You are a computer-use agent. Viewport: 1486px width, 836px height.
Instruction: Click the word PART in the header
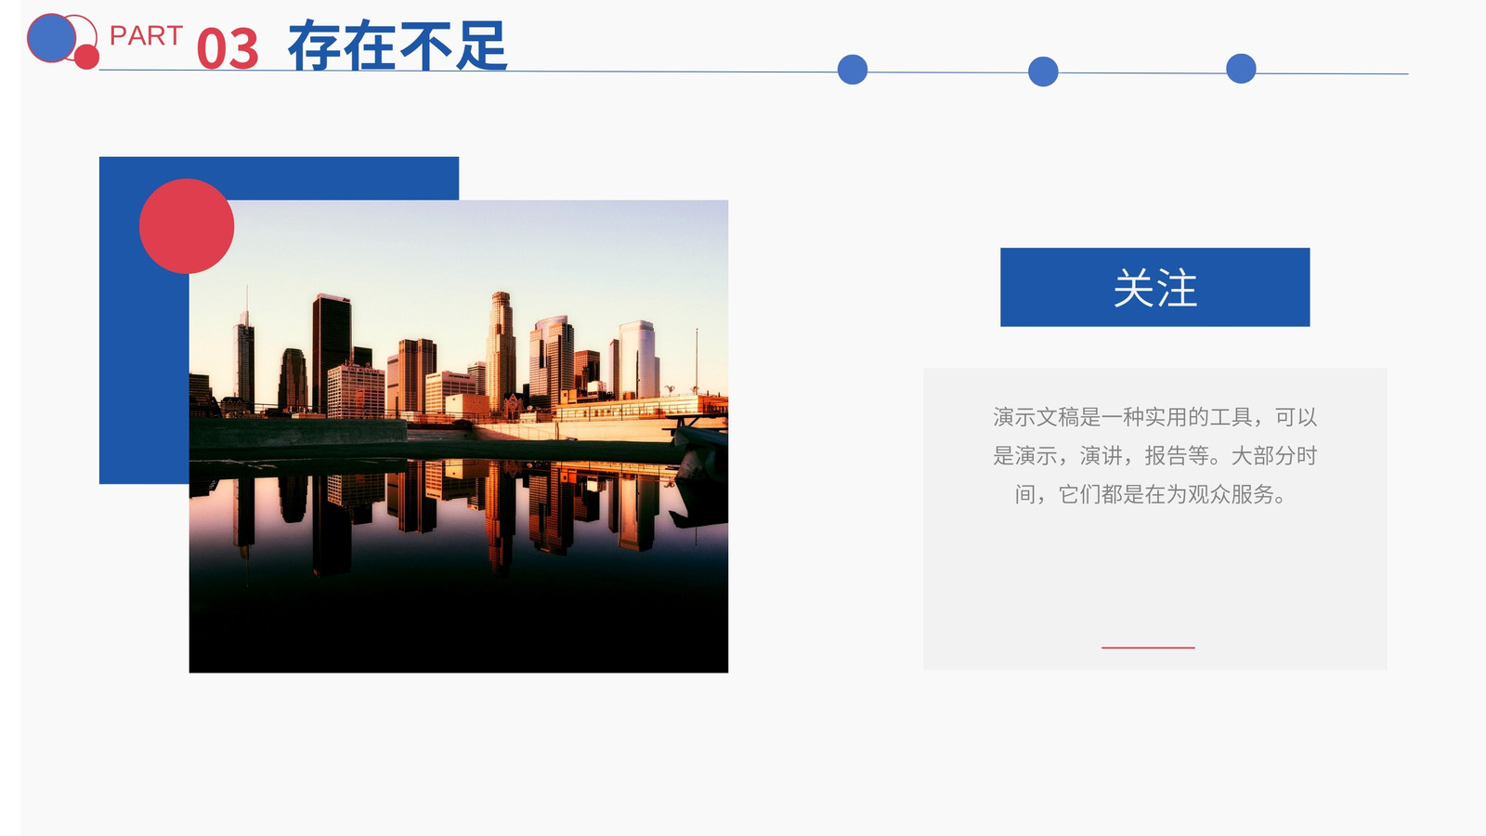click(146, 36)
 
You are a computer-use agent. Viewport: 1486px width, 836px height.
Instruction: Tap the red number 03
click(228, 48)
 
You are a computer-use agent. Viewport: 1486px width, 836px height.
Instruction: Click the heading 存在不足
click(398, 46)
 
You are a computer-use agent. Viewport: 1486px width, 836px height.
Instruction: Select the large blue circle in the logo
click(51, 38)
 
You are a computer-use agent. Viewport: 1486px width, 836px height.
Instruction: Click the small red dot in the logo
click(86, 57)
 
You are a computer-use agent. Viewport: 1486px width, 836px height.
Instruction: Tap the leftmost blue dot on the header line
click(853, 70)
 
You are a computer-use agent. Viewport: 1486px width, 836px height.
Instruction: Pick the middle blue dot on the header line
click(1043, 72)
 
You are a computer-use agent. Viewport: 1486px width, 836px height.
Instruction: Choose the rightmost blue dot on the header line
click(1241, 69)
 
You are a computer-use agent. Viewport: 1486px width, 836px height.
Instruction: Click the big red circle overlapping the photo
click(187, 227)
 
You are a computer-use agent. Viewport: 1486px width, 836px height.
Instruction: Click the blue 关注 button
click(1155, 287)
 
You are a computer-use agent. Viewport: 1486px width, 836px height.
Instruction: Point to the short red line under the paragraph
click(1148, 647)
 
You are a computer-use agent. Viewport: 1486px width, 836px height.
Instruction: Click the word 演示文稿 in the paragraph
click(1036, 417)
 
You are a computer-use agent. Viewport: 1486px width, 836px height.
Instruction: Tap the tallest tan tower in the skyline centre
click(501, 352)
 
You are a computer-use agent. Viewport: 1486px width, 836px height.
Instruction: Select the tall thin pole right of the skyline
click(697, 360)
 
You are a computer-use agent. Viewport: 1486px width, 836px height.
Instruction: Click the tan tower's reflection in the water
click(501, 517)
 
